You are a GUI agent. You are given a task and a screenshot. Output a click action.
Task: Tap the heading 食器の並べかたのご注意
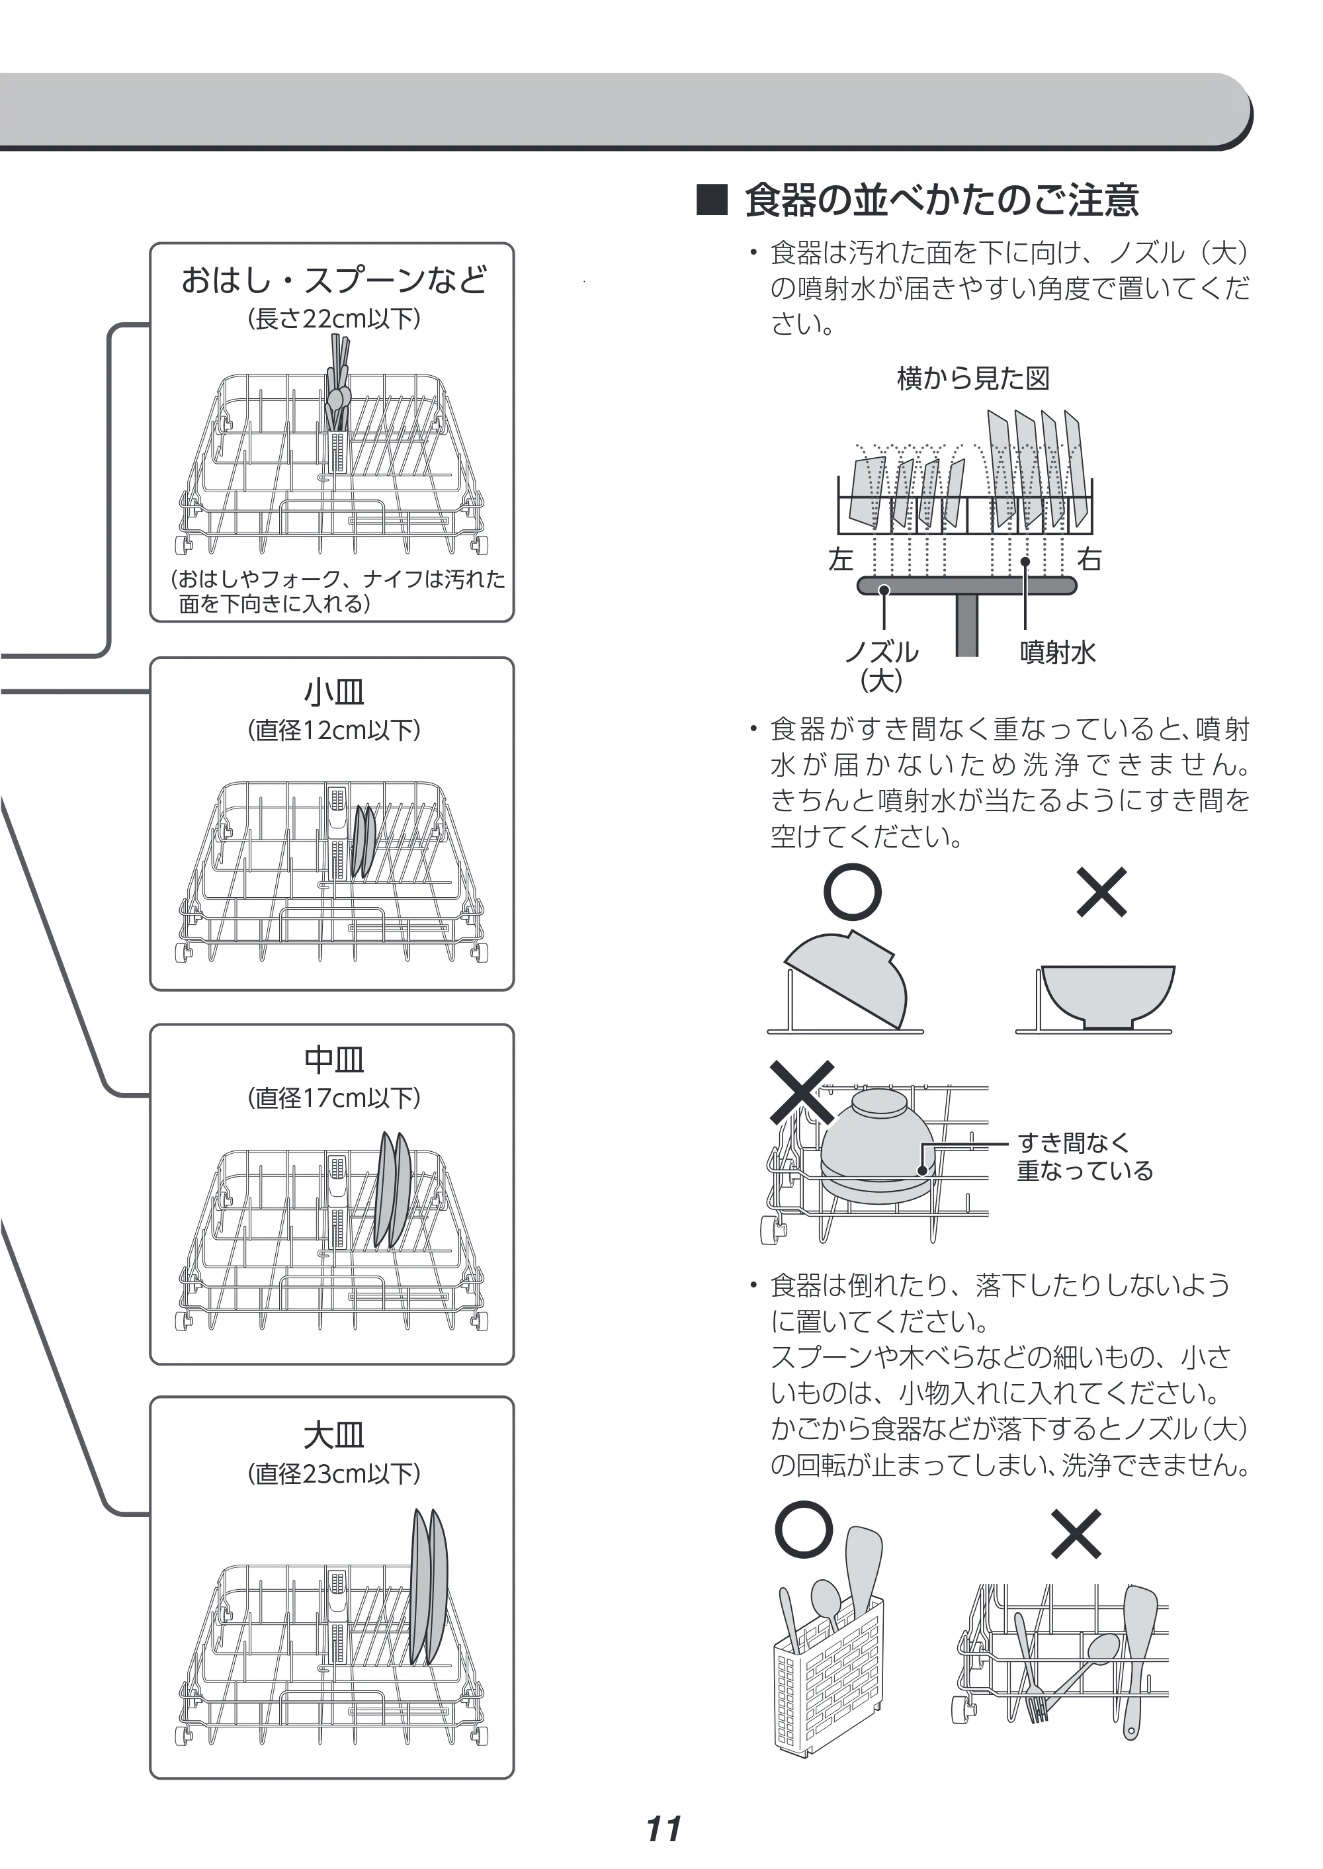pyautogui.click(x=942, y=200)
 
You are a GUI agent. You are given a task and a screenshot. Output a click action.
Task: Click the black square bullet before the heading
pyautogui.click(x=711, y=200)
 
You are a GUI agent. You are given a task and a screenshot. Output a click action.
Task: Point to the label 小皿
pyautogui.click(x=334, y=692)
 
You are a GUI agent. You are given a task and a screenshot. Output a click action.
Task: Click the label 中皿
pyautogui.click(x=334, y=1059)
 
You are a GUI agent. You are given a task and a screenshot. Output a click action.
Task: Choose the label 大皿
pyautogui.click(x=334, y=1435)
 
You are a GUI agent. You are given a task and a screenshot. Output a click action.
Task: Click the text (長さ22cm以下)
pyautogui.click(x=334, y=318)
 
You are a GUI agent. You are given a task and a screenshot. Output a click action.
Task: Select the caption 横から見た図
pyautogui.click(x=972, y=378)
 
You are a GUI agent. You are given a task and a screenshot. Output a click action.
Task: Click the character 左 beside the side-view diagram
pyautogui.click(x=841, y=560)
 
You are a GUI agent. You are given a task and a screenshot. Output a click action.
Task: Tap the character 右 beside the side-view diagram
pyautogui.click(x=1089, y=560)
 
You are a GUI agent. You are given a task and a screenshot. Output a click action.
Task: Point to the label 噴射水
pyautogui.click(x=1058, y=652)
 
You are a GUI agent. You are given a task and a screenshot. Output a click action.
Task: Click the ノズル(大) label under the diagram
pyautogui.click(x=882, y=665)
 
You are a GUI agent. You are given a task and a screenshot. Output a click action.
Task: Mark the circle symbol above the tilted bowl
pyautogui.click(x=852, y=892)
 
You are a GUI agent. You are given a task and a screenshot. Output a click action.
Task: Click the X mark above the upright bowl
pyautogui.click(x=1101, y=892)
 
